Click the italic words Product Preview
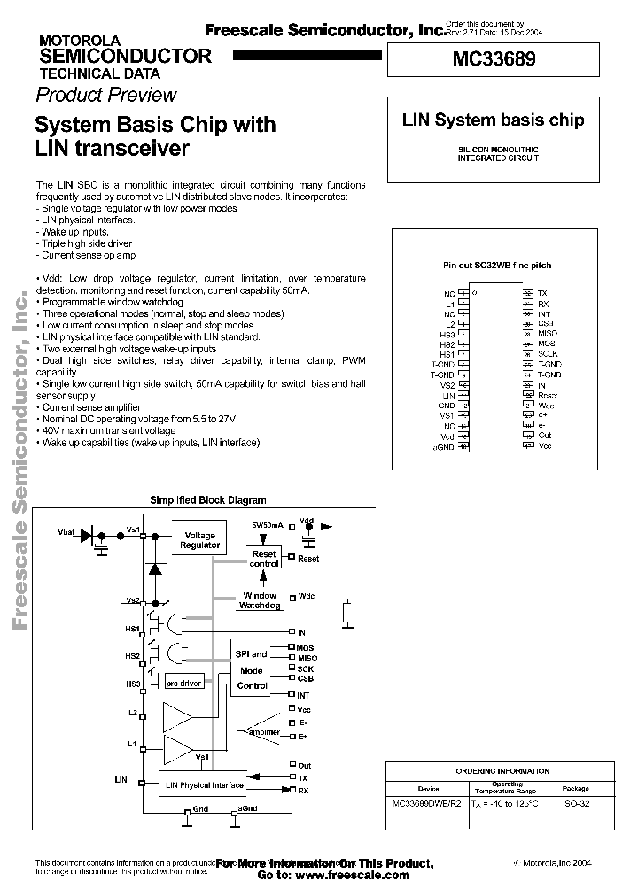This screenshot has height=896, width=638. click(x=106, y=95)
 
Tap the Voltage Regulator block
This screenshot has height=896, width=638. click(x=199, y=540)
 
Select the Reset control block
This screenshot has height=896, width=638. click(x=264, y=559)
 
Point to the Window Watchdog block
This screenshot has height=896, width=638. click(x=259, y=600)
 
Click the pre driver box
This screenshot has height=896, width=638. click(x=184, y=684)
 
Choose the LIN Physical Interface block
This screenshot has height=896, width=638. click(x=205, y=784)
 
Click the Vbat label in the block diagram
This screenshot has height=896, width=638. click(x=66, y=531)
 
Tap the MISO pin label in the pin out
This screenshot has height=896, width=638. click(x=548, y=333)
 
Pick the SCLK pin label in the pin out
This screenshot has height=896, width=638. click(x=549, y=354)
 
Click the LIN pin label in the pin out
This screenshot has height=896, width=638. click(x=448, y=395)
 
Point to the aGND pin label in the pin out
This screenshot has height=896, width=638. click(x=443, y=447)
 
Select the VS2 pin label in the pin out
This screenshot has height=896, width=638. click(x=447, y=385)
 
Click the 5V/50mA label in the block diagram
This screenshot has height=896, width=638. click(x=268, y=525)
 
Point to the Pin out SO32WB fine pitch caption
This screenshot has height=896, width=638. click(x=497, y=265)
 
